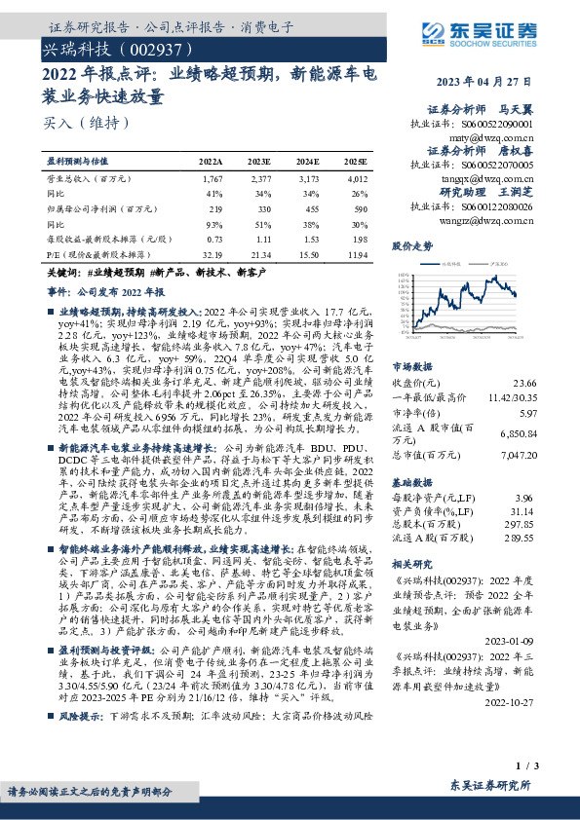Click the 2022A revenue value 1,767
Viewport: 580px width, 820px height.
(212, 179)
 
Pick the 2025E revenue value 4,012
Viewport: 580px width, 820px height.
(357, 179)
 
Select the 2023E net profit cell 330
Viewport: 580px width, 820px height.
(260, 208)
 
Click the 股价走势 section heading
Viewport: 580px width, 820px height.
(412, 246)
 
